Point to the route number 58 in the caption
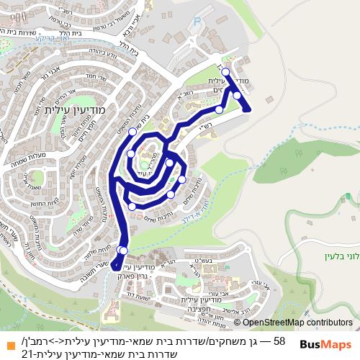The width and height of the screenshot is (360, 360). point(279,339)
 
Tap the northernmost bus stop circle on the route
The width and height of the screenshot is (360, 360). point(225,72)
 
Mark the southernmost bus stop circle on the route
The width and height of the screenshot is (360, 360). point(120,250)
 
